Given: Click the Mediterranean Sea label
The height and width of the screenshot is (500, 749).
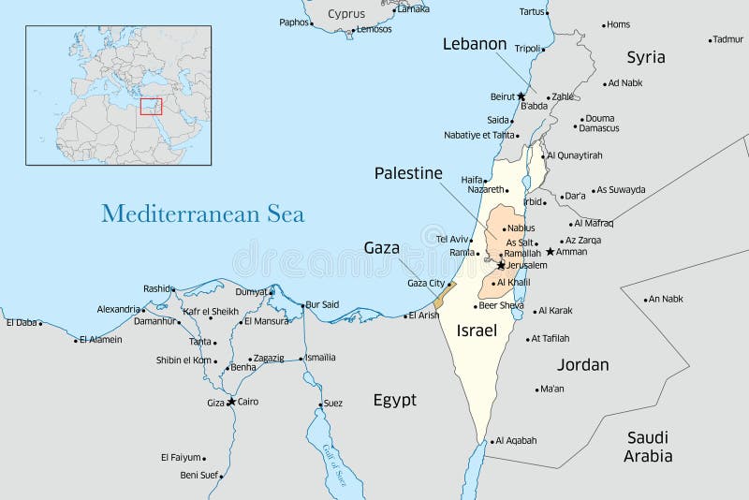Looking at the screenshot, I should tap(202, 213).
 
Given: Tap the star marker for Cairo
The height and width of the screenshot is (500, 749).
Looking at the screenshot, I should tap(231, 402).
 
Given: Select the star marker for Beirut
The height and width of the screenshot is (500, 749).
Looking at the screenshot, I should tap(521, 96).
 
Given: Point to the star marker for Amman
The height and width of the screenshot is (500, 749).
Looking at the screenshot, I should tap(551, 251).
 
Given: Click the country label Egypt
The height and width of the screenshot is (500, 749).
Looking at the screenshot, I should tap(394, 400).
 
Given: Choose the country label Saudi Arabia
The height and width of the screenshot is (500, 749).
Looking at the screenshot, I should tap(648, 447).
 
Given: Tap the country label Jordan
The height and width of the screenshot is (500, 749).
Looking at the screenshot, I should tap(582, 364).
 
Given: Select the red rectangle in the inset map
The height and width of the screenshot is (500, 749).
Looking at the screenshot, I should tap(151, 106).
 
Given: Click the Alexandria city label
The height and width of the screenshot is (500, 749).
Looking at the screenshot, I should tap(118, 309).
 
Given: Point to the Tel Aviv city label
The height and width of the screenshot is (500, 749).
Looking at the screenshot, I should tap(451, 239).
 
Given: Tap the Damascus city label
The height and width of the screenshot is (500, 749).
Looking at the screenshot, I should tap(598, 128).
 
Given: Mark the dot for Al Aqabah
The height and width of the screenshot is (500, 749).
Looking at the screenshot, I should tap(491, 440).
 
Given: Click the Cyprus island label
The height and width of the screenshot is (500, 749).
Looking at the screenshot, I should tap(346, 14).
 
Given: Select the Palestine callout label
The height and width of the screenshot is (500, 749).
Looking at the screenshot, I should tap(408, 173).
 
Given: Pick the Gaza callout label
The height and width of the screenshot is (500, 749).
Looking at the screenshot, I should tap(381, 248).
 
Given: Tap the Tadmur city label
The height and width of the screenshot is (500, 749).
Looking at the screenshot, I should tap(727, 39).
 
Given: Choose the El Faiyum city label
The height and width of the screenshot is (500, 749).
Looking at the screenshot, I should tap(181, 457).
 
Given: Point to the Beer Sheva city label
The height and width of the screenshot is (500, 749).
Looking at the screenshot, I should tap(501, 305).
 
